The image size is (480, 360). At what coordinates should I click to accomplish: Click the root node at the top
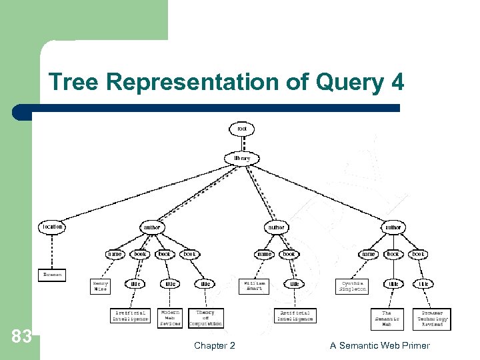[241, 129]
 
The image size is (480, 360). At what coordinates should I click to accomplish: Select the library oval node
[241, 159]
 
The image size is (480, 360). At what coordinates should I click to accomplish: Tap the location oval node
[53, 227]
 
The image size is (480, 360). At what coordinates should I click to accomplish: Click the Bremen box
[52, 274]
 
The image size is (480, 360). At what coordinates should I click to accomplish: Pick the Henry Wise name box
[100, 286]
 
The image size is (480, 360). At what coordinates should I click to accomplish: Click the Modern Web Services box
[171, 317]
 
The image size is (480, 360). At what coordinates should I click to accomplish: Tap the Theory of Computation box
[205, 317]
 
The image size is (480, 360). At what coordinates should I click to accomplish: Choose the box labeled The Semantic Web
[387, 319]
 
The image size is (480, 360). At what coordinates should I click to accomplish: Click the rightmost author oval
[393, 227]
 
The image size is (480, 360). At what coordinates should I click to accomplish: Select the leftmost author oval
[152, 227]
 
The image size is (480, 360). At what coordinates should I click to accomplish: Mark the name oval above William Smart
[265, 254]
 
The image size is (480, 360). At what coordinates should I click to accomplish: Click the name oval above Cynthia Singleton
[368, 254]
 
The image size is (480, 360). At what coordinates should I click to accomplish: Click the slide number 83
[22, 337]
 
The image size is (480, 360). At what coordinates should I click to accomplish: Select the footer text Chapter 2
[214, 345]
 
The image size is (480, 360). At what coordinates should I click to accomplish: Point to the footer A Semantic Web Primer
[379, 345]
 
